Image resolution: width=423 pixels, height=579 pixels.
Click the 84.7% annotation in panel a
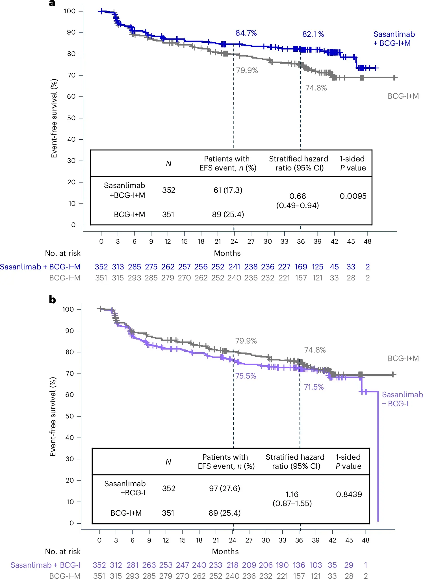click(x=246, y=33)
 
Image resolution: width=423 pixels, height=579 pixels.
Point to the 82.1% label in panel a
click(x=313, y=34)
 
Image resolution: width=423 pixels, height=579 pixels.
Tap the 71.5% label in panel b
click(x=314, y=387)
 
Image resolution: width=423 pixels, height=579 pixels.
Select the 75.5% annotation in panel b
click(x=246, y=376)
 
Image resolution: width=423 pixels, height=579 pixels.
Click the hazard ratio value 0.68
click(x=298, y=196)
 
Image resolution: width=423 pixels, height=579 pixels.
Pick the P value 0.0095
click(x=353, y=196)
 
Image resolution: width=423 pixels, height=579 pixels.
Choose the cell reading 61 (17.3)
click(x=228, y=190)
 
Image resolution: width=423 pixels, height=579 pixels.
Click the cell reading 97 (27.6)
click(x=224, y=488)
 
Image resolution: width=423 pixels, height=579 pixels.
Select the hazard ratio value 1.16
click(x=292, y=494)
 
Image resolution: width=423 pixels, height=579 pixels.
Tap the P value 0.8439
click(x=349, y=494)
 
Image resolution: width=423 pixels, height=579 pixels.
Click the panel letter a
click(x=52, y=3)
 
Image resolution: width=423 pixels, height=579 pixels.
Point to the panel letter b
click(x=52, y=300)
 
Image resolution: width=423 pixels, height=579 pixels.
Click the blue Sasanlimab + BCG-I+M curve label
click(x=394, y=39)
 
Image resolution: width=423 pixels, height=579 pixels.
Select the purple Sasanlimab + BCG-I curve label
click(x=402, y=399)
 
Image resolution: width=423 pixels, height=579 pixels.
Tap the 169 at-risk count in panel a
click(x=301, y=267)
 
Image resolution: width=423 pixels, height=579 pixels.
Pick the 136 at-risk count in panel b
click(x=299, y=565)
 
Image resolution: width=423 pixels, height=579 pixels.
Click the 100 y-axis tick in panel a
click(x=70, y=11)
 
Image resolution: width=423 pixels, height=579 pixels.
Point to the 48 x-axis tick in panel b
click(x=366, y=540)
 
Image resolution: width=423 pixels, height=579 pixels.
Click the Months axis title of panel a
click(x=227, y=253)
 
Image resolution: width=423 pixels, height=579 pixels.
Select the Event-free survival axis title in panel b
click(x=53, y=416)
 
